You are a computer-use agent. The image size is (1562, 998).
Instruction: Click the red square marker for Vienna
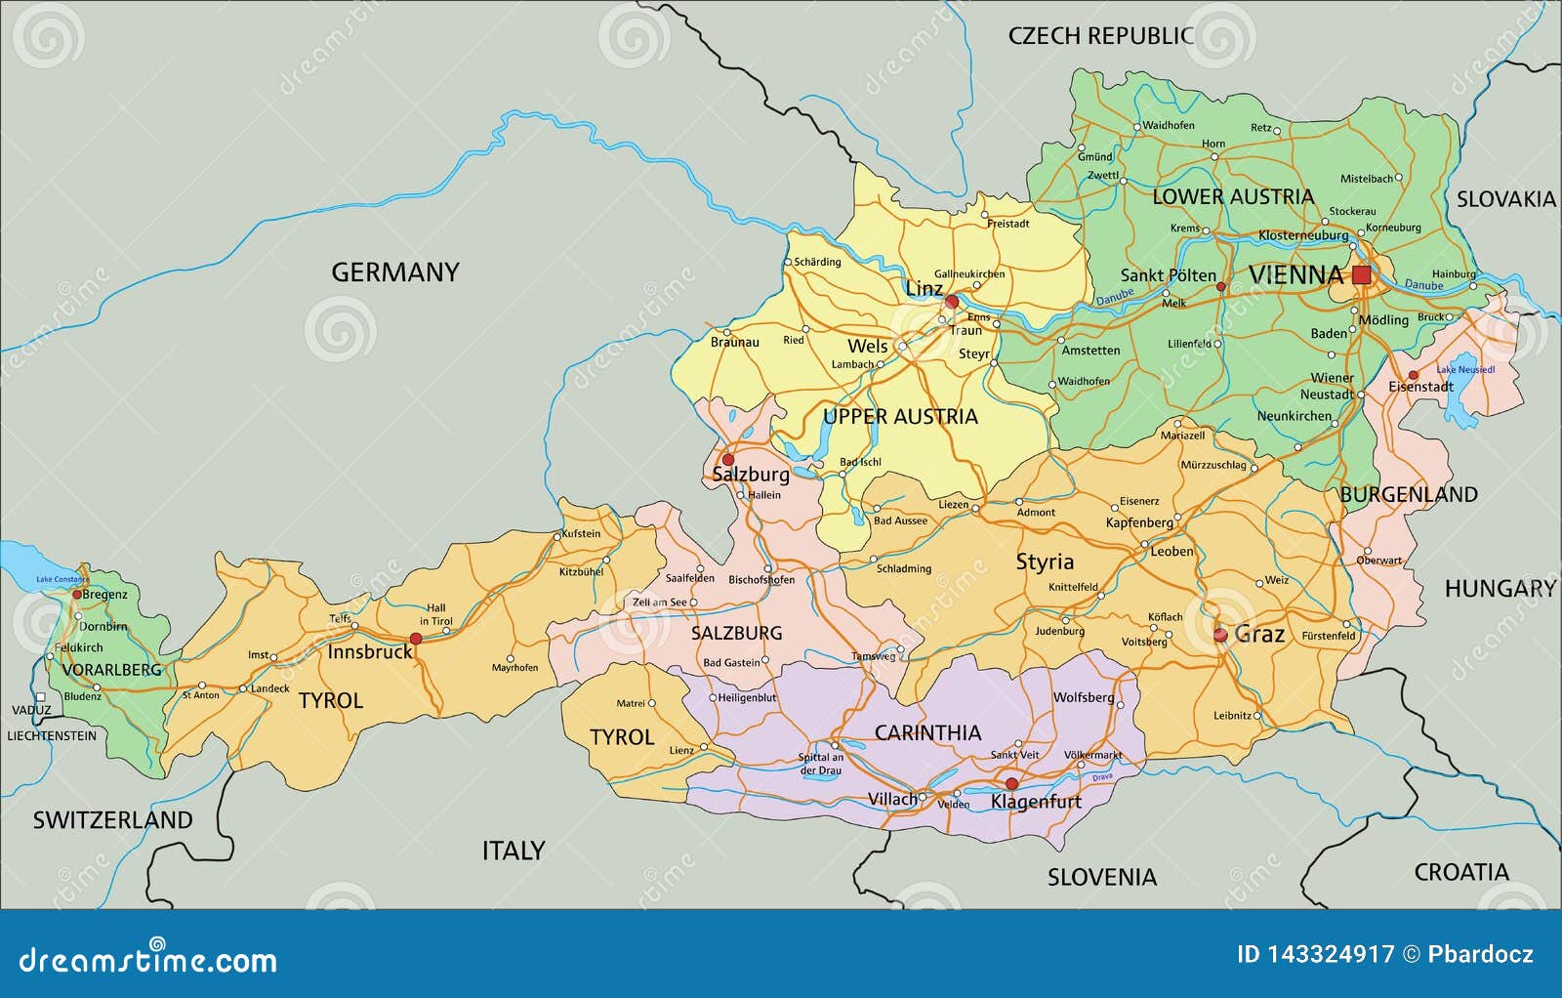(1361, 275)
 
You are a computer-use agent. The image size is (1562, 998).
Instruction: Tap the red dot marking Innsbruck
(416, 639)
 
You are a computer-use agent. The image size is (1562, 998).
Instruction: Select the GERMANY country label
(394, 272)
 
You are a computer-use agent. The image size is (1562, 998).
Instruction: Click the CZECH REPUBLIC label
(1100, 36)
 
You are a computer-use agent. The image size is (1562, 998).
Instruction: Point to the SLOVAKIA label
(1505, 199)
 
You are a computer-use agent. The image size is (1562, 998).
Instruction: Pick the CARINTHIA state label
(926, 732)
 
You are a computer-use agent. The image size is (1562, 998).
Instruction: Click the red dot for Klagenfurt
(1011, 784)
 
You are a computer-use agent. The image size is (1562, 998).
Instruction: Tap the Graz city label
(1259, 635)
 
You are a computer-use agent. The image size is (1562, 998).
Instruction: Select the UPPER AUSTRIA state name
(899, 417)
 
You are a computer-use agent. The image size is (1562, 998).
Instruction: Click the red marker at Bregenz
(77, 594)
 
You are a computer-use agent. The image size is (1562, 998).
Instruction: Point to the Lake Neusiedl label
(1465, 370)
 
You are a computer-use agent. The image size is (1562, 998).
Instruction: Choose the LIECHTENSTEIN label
(52, 735)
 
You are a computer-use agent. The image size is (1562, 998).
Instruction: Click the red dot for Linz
(952, 302)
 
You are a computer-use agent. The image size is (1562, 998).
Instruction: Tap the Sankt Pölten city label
(1168, 275)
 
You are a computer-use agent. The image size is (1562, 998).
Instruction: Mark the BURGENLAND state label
(1408, 494)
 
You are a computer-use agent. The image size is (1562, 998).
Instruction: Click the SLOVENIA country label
(1101, 877)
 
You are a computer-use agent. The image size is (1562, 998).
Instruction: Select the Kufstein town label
(582, 534)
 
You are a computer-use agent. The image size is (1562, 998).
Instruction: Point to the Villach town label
(892, 799)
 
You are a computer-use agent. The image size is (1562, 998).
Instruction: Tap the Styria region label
(1045, 561)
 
